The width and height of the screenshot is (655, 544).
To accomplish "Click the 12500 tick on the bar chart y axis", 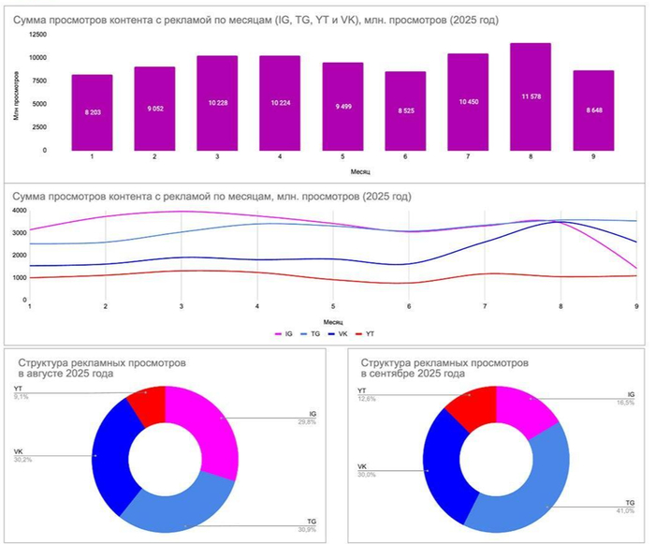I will point(36,35).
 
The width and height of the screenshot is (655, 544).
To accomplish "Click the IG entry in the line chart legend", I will point(286,332).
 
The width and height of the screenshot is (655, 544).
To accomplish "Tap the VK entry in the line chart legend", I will point(343,332).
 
